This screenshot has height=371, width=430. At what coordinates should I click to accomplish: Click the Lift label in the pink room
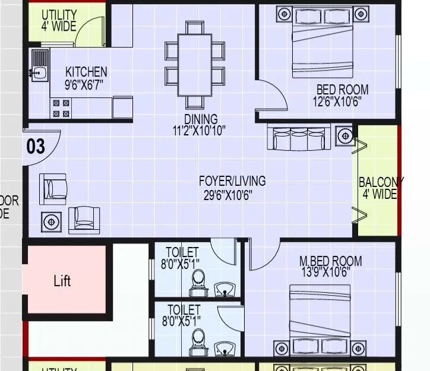click(62, 280)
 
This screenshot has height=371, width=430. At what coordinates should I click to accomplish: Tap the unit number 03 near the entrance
click(36, 146)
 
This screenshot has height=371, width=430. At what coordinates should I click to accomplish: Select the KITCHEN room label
click(86, 72)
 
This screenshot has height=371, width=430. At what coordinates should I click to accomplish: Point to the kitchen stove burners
click(61, 108)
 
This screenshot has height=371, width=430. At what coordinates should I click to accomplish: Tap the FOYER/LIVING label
click(232, 181)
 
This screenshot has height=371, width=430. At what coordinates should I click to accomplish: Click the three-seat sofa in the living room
click(300, 138)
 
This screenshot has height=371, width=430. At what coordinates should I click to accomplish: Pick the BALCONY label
click(380, 182)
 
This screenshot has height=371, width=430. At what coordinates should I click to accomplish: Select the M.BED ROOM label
click(330, 261)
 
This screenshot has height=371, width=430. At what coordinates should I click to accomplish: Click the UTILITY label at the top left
click(59, 14)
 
